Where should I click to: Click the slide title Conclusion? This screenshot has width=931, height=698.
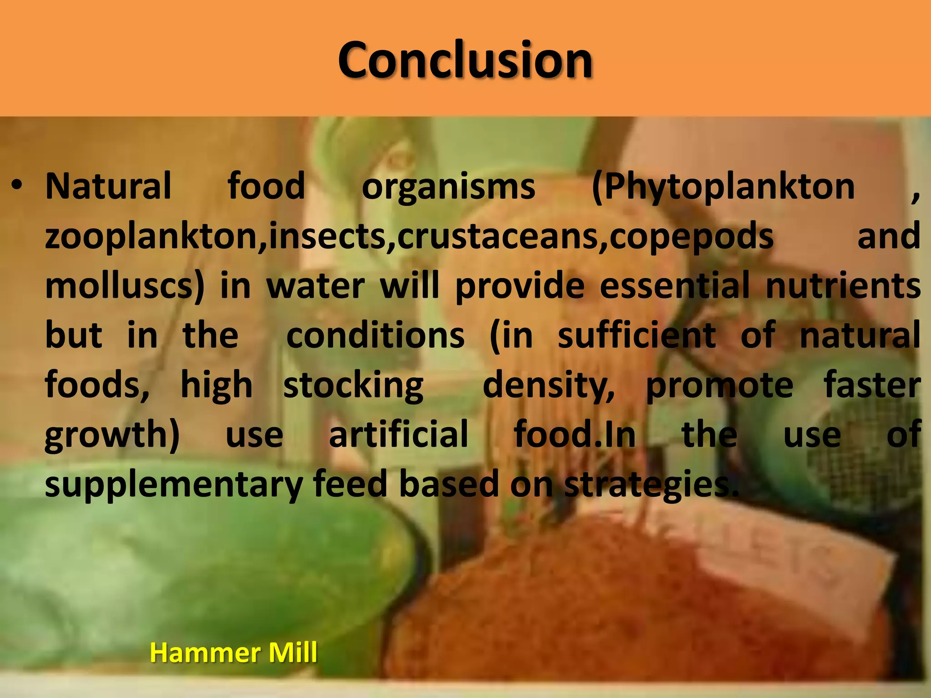[x=465, y=60]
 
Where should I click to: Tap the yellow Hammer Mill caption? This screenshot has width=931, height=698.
[x=233, y=653]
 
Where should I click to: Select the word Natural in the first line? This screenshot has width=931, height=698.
[x=108, y=186]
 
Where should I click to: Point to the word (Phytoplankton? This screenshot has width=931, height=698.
[x=723, y=187]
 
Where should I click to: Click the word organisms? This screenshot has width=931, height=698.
[x=448, y=187]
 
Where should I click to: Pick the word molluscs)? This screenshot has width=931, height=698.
[x=125, y=286]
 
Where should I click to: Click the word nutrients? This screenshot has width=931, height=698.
[x=843, y=286]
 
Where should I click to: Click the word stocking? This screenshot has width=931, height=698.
[x=353, y=385]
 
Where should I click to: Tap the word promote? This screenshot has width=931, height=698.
[x=720, y=385]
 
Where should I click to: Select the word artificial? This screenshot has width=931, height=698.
[x=398, y=434]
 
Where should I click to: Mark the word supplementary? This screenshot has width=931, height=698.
[x=174, y=484]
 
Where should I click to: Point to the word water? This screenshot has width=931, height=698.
[x=315, y=286]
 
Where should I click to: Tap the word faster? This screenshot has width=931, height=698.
[x=872, y=385]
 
